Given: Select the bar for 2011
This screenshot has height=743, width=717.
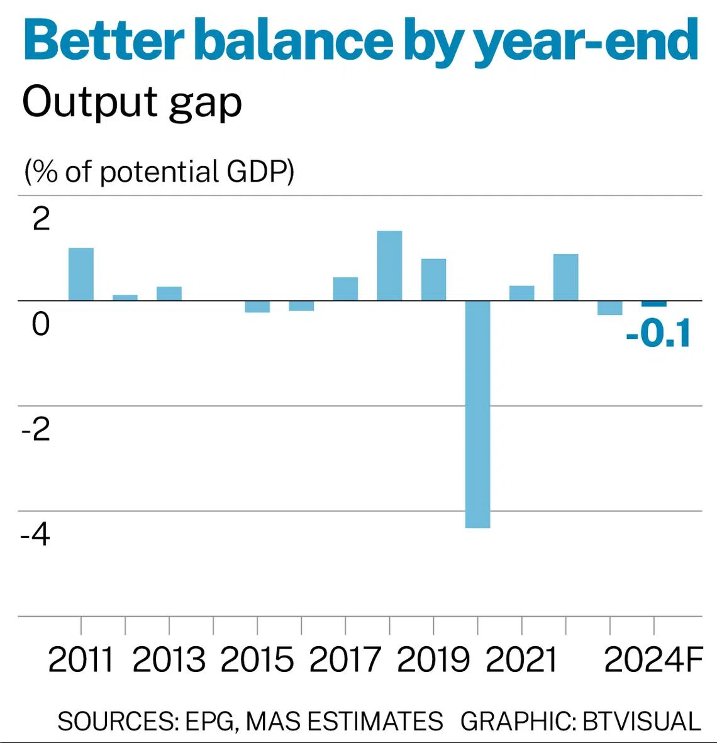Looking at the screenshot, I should click(x=81, y=274).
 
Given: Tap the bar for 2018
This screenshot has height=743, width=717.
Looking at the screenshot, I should click(x=389, y=265).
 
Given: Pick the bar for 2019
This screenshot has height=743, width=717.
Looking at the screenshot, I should click(x=433, y=279).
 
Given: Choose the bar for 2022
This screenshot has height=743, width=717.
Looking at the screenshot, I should click(x=565, y=277).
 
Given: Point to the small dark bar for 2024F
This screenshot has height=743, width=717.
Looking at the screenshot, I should click(x=653, y=304).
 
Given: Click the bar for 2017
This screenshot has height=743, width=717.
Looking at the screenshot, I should click(x=345, y=289).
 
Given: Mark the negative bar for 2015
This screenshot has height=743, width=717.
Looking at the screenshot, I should click(x=257, y=306).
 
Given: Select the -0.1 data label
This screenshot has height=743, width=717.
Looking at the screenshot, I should click(x=658, y=333).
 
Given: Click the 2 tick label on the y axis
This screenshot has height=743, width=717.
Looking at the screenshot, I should click(x=41, y=219).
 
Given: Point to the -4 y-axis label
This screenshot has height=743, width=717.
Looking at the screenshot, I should click(x=35, y=534).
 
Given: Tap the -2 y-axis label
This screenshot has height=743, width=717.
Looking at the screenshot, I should click(x=35, y=429).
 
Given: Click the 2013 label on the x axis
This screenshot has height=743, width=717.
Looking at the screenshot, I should click(x=169, y=659).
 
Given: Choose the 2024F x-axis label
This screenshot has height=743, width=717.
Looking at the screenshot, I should click(x=653, y=659).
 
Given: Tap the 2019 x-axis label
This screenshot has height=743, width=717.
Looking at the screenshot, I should click(x=433, y=659).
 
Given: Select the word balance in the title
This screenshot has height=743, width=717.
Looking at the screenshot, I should click(x=293, y=41).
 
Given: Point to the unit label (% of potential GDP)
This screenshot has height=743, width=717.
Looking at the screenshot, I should click(x=159, y=171).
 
